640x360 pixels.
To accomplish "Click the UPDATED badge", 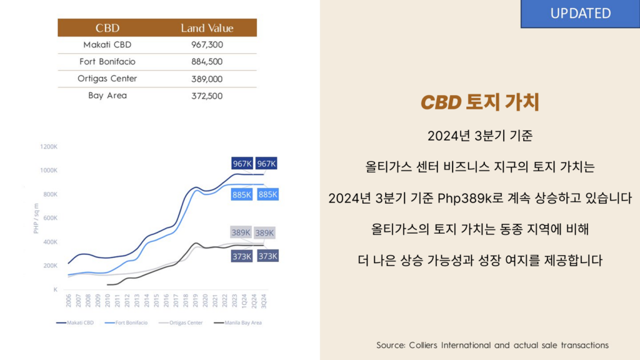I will coord(580,14).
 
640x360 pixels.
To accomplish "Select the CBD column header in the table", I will coord(107,28).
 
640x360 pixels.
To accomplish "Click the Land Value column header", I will coord(207,28).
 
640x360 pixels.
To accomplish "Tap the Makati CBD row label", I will coord(107,45).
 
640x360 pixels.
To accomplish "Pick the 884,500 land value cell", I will coord(207,62).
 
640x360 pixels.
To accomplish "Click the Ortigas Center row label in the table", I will coord(107,79).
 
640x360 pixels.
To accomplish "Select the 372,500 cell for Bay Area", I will coord(207,96).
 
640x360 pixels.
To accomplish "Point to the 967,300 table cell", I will coord(207,45).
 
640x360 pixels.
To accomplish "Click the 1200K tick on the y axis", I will coord(49,147).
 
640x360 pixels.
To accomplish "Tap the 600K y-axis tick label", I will coord(49,218).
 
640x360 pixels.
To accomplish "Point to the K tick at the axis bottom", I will coord(55,289).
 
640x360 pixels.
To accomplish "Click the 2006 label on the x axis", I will coord(68,301).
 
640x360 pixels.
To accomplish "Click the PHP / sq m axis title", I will coord(36,218).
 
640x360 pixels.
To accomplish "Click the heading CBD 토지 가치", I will coord(479,103).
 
